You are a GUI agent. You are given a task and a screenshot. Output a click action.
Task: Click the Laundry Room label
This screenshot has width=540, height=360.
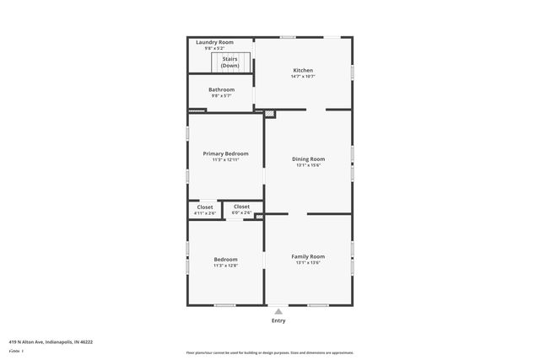pyautogui.click(x=214, y=42)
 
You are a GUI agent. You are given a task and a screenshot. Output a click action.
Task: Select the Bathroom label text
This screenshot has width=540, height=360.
pyautogui.click(x=222, y=89)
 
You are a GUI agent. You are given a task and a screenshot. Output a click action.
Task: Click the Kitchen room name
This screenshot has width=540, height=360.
pyautogui.click(x=303, y=70)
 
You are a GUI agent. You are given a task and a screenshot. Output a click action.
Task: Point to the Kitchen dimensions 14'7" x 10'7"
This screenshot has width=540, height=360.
pyautogui.click(x=303, y=77)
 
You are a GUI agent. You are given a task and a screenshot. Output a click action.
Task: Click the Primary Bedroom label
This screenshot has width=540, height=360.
pyautogui.click(x=225, y=153)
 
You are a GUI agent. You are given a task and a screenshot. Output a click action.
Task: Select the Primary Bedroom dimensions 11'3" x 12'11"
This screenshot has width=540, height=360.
pyautogui.click(x=225, y=160)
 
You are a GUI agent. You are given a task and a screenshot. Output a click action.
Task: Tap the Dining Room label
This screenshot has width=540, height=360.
pyautogui.click(x=308, y=159)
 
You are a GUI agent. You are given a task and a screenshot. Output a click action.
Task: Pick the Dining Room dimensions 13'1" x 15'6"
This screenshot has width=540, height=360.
pyautogui.click(x=308, y=165)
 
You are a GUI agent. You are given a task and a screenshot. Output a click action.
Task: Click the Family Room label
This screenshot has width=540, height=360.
pyautogui.click(x=308, y=256)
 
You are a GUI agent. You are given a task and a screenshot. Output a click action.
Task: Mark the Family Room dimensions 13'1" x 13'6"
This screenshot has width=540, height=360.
pyautogui.click(x=308, y=263)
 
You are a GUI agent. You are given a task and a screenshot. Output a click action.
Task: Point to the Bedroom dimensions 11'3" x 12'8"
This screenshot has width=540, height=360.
pyautogui.click(x=225, y=266)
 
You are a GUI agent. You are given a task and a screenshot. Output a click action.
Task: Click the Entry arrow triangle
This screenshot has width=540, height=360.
pyautogui.click(x=278, y=311)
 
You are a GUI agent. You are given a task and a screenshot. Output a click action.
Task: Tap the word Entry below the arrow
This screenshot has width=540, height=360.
pyautogui.click(x=278, y=320)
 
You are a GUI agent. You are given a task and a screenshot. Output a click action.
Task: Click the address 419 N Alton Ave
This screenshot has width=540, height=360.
pyautogui.click(x=51, y=341)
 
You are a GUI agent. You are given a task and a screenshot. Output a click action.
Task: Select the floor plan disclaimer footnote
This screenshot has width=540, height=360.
pyautogui.click(x=269, y=352)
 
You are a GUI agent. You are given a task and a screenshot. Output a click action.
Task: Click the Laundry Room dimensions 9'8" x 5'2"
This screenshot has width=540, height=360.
pyautogui.click(x=214, y=49)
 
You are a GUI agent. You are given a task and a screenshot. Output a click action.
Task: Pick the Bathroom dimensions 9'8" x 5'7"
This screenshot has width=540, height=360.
pyautogui.click(x=222, y=96)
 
